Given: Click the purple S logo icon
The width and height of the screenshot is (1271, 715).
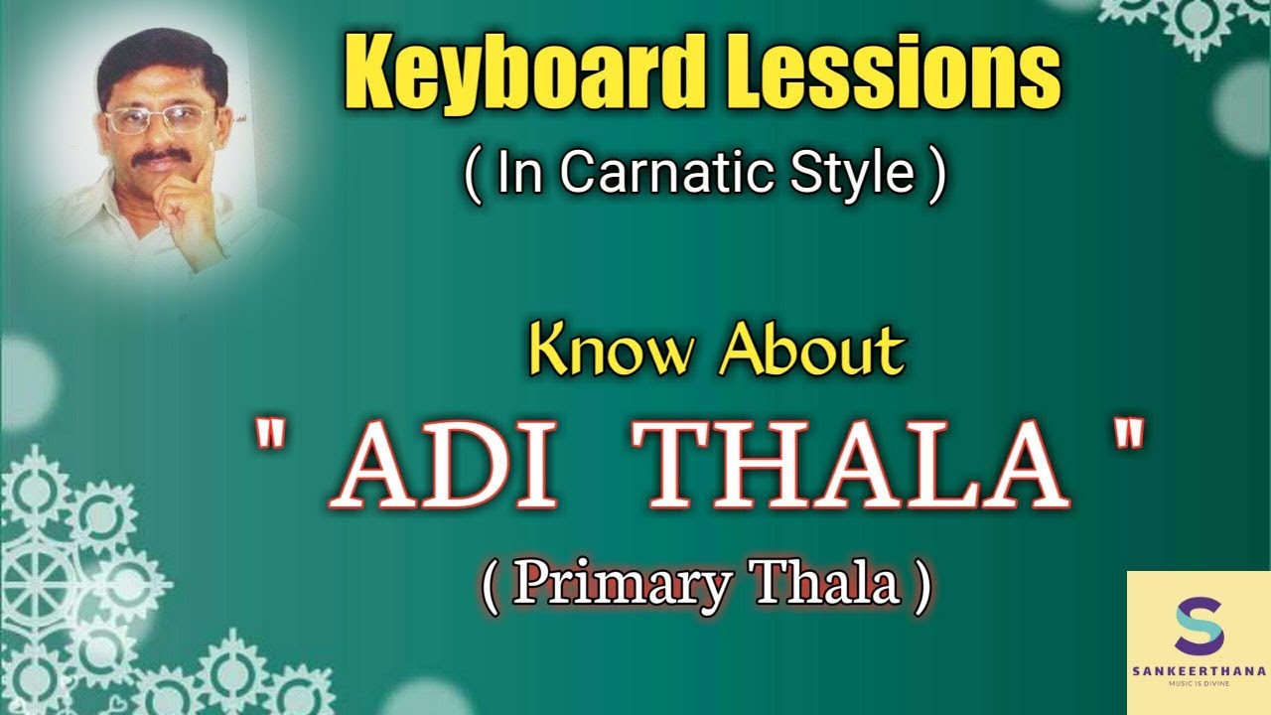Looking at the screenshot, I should (x=1199, y=627).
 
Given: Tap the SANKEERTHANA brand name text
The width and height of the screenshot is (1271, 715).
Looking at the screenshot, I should (x=1199, y=671).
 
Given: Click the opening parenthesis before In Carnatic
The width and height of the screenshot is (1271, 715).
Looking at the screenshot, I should (x=473, y=175).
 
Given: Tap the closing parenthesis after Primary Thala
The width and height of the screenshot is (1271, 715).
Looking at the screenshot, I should (x=922, y=587).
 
